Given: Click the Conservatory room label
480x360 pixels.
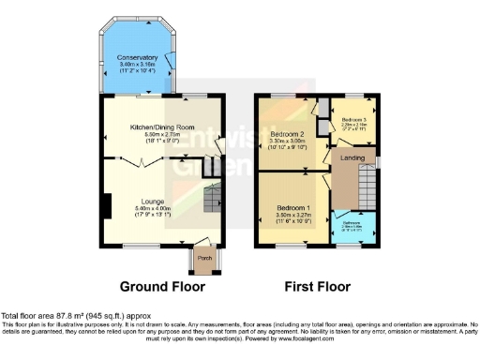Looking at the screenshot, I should coord(138,57).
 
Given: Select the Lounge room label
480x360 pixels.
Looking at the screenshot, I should coord(153,201).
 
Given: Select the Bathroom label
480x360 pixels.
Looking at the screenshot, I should coord(352,223).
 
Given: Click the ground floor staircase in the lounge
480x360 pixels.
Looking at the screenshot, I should coord(214,198).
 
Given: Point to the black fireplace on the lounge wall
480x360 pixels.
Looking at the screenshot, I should coord(108,204).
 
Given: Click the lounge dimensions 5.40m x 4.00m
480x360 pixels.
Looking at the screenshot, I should coord(153,208).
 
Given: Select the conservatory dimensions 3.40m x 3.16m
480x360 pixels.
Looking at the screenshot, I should coord(138,65).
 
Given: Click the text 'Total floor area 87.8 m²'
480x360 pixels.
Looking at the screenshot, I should coord(47,316).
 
